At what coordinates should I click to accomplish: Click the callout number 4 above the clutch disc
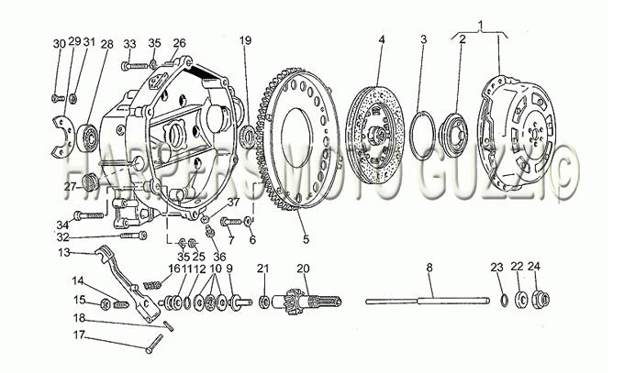point(382,39)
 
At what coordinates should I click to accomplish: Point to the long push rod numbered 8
point(428,302)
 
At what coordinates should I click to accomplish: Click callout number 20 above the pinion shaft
point(303,269)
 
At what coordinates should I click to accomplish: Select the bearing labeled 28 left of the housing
point(88,138)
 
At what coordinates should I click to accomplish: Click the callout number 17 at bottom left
point(79,335)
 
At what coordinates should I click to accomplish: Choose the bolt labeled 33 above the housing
point(135,66)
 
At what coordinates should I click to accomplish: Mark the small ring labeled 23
point(504,300)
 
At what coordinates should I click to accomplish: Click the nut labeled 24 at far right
point(540,300)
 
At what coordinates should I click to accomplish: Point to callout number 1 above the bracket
point(480,25)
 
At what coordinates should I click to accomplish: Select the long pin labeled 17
point(154,344)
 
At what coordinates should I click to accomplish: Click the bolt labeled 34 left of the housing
point(89,216)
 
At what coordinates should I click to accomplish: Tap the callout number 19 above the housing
point(246,40)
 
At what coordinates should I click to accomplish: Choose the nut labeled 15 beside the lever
point(106,304)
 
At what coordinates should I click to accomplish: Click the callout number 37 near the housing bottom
point(234,202)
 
